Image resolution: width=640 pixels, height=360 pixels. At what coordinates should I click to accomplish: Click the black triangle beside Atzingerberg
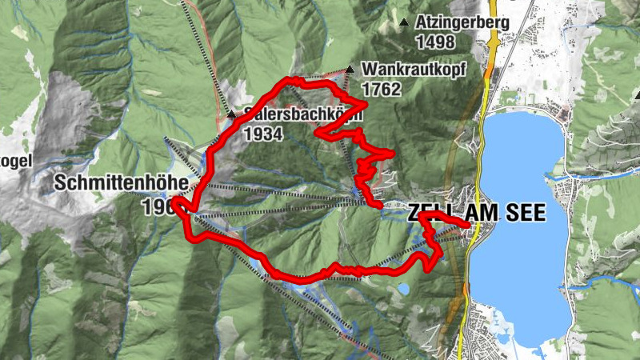(x=404, y=22)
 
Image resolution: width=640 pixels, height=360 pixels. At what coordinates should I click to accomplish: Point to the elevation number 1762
(x=381, y=89)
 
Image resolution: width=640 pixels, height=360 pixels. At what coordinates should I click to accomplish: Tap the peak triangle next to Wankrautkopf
(x=350, y=69)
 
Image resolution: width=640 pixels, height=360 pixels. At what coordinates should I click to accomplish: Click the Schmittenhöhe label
(x=121, y=183)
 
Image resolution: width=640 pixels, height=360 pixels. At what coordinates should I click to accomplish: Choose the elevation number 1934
(x=263, y=134)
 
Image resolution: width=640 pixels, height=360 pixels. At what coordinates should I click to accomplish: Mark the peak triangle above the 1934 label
(x=232, y=115)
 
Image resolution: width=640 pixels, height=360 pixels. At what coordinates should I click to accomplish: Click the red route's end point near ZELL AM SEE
(x=469, y=229)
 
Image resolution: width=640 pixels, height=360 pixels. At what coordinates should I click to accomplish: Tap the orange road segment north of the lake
(x=490, y=64)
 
